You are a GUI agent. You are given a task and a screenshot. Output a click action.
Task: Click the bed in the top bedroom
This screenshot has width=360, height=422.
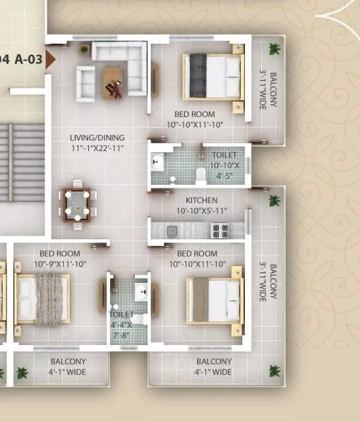coord(212,76)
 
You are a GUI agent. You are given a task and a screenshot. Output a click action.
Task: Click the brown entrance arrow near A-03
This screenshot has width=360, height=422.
coord(50,60)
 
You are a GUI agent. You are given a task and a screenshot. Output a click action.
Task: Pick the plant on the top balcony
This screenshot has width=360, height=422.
coord(274,49)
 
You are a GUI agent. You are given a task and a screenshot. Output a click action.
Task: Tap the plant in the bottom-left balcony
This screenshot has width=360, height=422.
coord(21,372)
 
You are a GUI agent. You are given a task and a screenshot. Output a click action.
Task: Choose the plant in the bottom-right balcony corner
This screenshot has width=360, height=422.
coord(273,370)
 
